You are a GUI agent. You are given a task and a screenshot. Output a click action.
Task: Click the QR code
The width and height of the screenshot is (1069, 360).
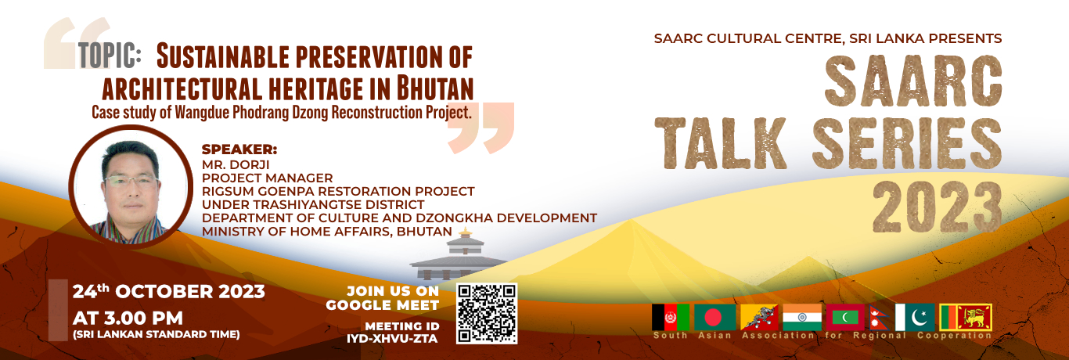[487, 313]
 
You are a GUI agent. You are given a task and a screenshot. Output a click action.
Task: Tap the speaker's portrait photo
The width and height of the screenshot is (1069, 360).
[131, 187]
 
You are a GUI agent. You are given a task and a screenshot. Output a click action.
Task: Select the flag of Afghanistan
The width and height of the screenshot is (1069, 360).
[671, 317]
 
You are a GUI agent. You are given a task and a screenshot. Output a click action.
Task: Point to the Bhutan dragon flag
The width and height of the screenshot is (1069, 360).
[759, 317]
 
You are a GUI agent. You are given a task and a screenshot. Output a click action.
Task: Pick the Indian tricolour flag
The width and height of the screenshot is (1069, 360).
[802, 317]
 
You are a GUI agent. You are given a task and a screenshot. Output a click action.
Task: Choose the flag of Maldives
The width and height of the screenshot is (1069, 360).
[845, 317]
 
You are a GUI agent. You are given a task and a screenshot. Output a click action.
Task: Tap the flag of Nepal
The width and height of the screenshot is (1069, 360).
[880, 318]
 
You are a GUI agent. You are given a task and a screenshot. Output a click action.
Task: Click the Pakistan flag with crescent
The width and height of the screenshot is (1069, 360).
[915, 317]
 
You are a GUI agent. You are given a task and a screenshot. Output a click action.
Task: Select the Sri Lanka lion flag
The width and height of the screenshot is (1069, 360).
[966, 317]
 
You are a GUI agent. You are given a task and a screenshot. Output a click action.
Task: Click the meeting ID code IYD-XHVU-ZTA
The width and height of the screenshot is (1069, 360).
[392, 339]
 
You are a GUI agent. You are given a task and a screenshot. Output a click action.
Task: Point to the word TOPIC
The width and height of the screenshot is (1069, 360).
[110, 55]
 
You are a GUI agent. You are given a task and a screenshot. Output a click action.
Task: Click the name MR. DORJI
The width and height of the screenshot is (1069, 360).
[236, 164]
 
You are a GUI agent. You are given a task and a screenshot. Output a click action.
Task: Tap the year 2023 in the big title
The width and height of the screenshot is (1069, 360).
[938, 209]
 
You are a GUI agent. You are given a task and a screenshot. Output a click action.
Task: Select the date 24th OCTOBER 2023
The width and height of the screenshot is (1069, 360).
[168, 291]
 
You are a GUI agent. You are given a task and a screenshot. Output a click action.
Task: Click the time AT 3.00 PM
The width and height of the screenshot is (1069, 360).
[128, 319]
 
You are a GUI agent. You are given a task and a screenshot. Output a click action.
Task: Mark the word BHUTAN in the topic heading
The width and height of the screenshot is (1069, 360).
[435, 88]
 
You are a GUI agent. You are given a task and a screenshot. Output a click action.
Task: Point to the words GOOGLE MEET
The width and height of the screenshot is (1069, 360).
[382, 305]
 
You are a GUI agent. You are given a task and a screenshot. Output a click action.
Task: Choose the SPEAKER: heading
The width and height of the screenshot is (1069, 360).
[239, 149]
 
